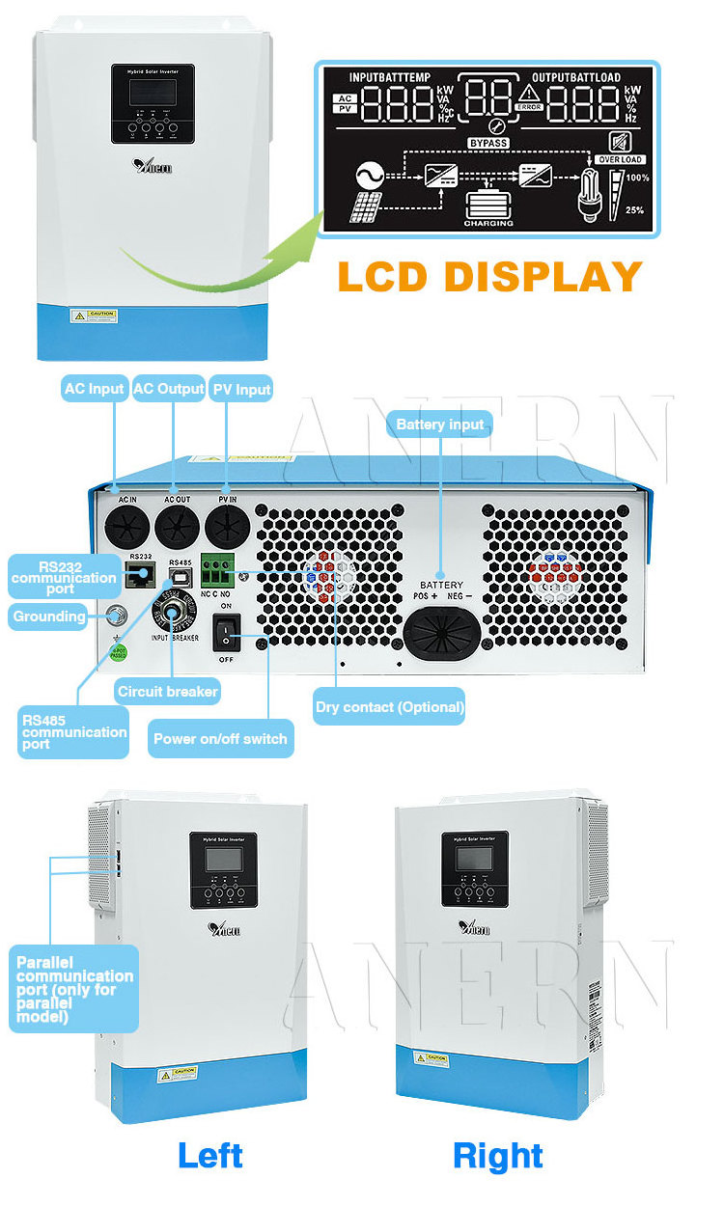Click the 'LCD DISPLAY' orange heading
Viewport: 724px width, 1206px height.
(490, 276)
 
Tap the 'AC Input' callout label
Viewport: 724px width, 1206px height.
(94, 390)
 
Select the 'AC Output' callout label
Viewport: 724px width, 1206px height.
(168, 390)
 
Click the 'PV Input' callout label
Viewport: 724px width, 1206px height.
(240, 390)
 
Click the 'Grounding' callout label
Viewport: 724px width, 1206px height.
(49, 616)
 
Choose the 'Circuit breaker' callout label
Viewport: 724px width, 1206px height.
(167, 692)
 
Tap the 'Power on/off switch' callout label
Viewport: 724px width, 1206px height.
(219, 739)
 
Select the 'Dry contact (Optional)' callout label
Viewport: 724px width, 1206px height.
(390, 707)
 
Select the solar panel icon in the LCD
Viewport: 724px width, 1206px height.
(364, 207)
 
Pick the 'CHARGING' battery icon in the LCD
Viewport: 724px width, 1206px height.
(488, 206)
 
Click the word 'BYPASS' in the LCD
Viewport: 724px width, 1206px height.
(488, 143)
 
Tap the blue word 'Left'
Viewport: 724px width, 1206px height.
(210, 1155)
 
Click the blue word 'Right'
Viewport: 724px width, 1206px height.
(498, 1155)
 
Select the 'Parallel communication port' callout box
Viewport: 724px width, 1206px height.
(73, 989)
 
